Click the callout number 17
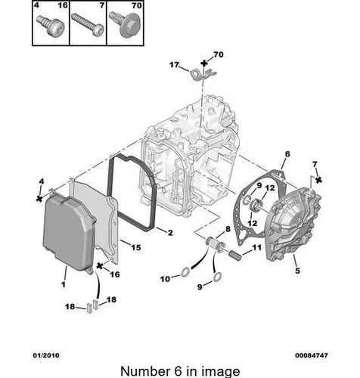click(174, 65)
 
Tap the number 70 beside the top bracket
click(219, 54)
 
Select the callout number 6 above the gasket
click(287, 153)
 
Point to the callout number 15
click(136, 247)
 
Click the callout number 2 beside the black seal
click(170, 233)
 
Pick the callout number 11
click(257, 247)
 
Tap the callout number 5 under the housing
click(297, 271)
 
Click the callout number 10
click(165, 279)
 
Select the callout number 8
click(228, 229)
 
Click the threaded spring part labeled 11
click(235, 253)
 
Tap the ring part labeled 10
click(185, 272)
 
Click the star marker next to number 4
click(39, 199)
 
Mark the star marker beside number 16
click(101, 265)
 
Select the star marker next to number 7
click(318, 180)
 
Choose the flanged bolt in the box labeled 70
click(126, 25)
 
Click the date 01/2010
click(46, 355)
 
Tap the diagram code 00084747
click(312, 355)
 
